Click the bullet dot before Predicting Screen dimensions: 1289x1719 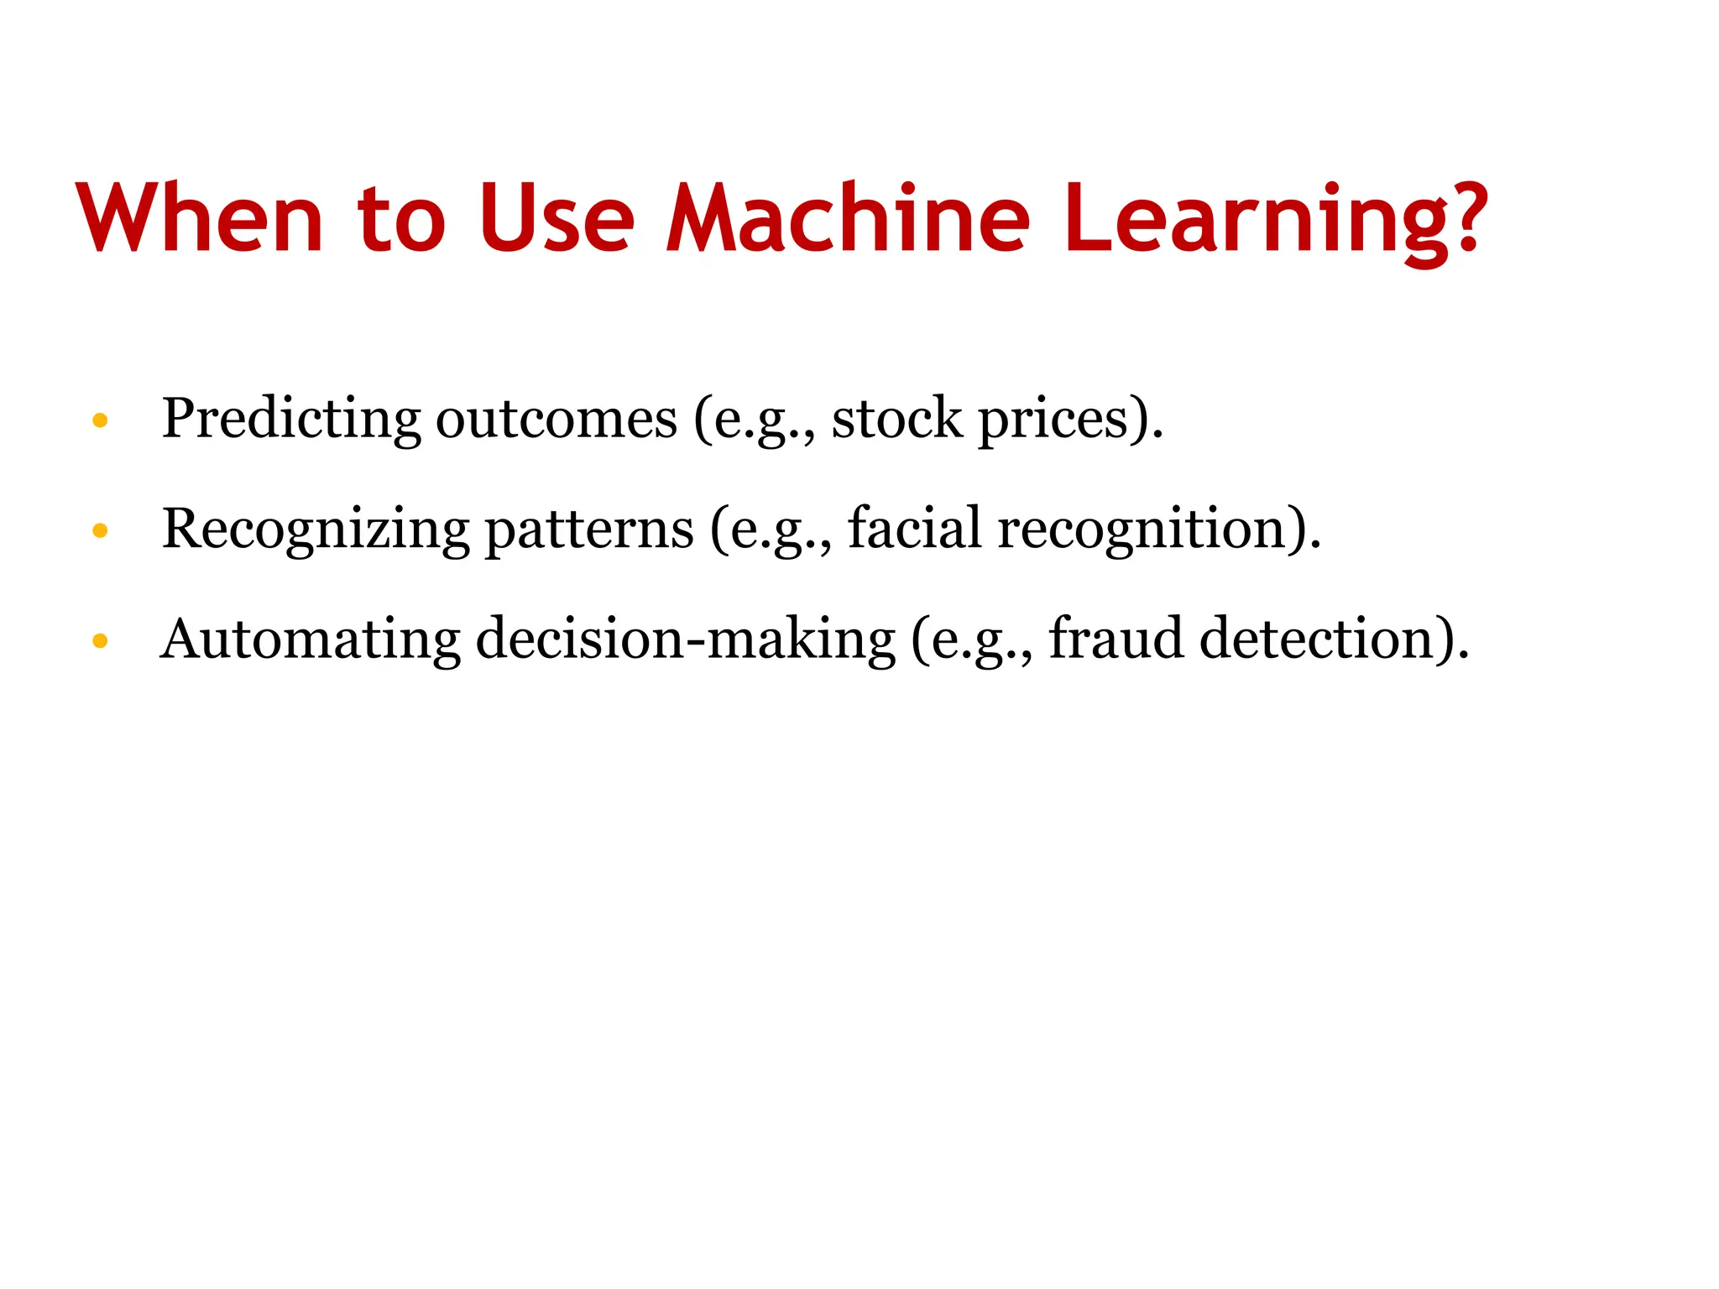click(x=100, y=420)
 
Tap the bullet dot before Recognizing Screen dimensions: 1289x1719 click(x=100, y=530)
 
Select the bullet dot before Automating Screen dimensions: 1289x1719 click(x=100, y=642)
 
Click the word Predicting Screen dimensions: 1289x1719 click(x=290, y=420)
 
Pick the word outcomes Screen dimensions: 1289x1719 click(x=556, y=420)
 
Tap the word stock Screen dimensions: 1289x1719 click(x=896, y=420)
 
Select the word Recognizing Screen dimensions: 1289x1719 click(x=316, y=530)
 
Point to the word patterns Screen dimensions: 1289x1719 click(x=589, y=530)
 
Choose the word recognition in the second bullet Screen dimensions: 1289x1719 click(x=1142, y=530)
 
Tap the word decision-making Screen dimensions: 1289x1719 click(x=686, y=641)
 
